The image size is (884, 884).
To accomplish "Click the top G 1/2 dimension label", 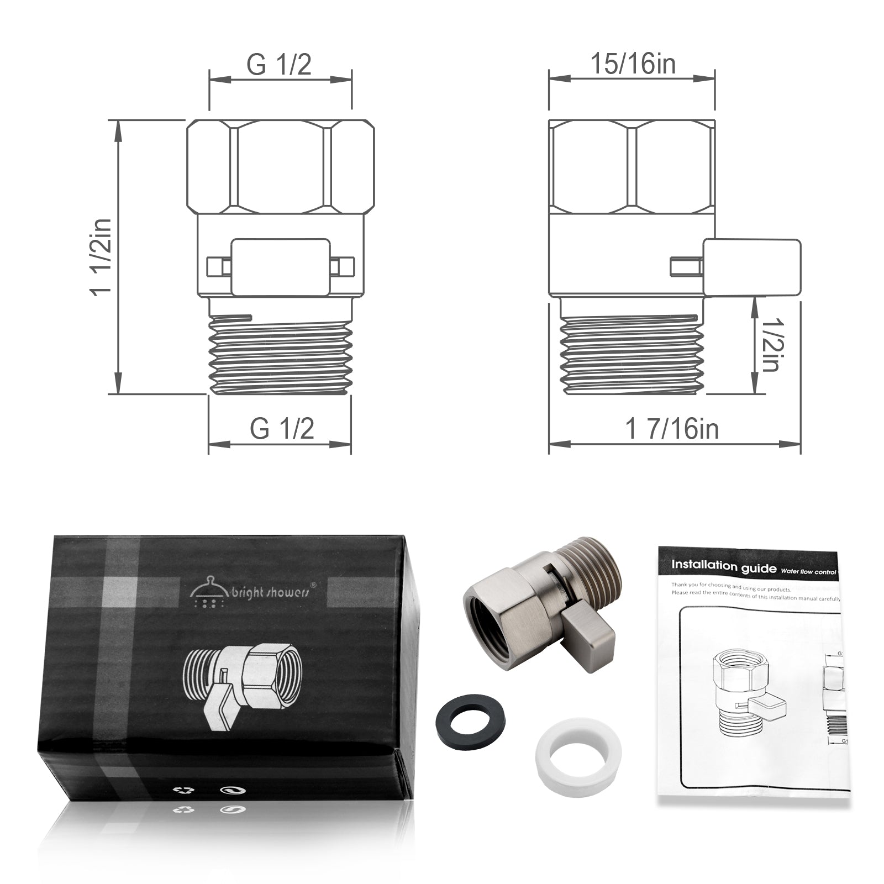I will point(279,65).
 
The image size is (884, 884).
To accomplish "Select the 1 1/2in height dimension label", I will point(103,257).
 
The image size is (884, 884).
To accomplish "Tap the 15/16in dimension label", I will point(633,64).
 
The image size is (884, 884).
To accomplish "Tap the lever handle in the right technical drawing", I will point(751,267).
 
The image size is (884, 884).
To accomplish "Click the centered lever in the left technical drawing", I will point(281,267).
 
